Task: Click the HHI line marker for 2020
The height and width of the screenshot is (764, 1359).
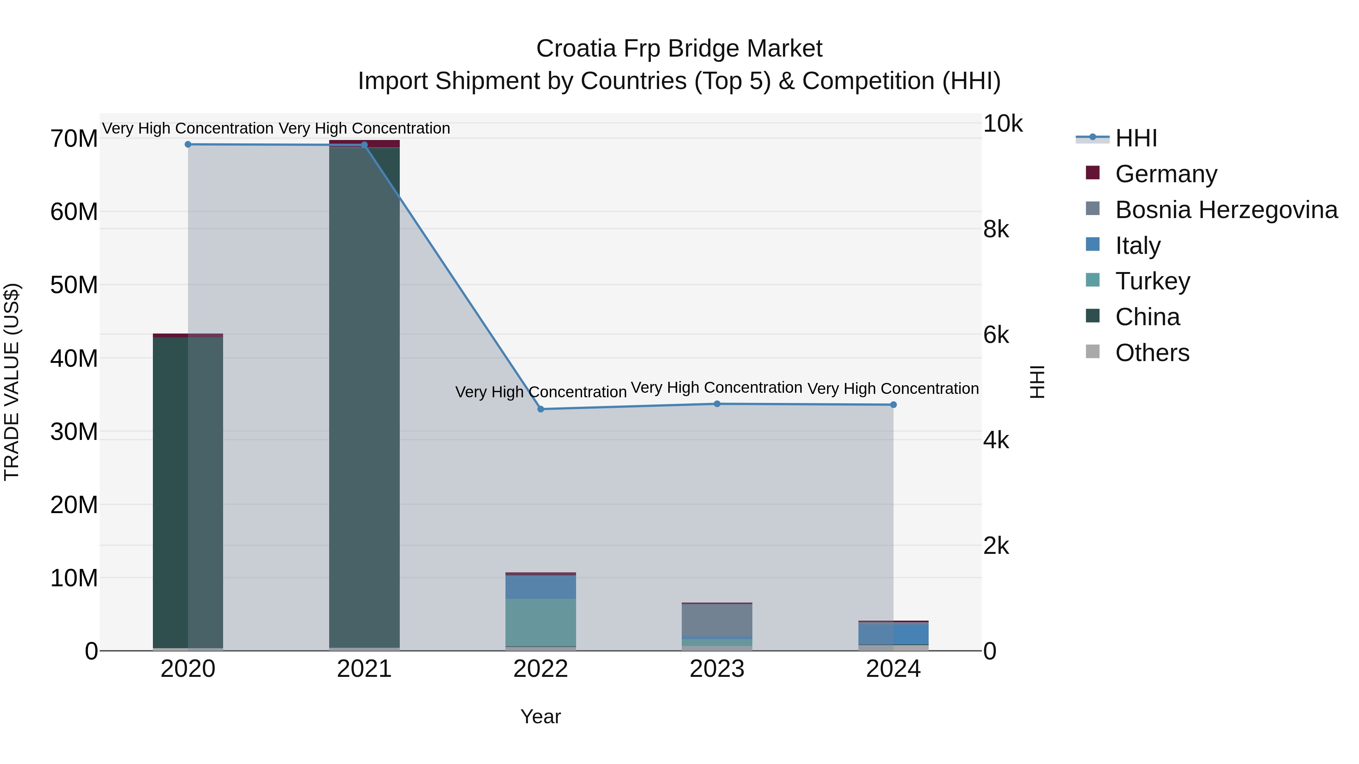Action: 188,144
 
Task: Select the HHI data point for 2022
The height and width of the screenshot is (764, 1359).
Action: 540,409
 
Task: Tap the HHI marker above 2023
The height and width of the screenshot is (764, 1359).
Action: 717,404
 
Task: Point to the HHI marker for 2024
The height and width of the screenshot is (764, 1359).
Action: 893,405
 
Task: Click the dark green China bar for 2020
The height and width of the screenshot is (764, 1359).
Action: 170,490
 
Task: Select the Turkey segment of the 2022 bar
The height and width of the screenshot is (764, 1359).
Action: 540,622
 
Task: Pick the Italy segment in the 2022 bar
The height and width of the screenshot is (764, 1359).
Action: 540,587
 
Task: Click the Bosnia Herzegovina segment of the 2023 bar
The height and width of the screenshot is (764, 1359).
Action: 717,621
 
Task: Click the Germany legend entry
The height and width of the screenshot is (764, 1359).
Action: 1166,174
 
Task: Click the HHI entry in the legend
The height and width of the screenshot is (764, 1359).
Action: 1136,138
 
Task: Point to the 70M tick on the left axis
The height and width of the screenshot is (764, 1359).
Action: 74,139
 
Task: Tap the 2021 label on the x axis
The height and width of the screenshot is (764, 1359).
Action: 364,669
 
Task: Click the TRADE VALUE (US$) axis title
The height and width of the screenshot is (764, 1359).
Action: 12,382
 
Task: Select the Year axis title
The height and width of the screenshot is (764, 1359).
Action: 540,716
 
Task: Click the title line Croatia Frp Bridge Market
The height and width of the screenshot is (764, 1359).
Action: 679,49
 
